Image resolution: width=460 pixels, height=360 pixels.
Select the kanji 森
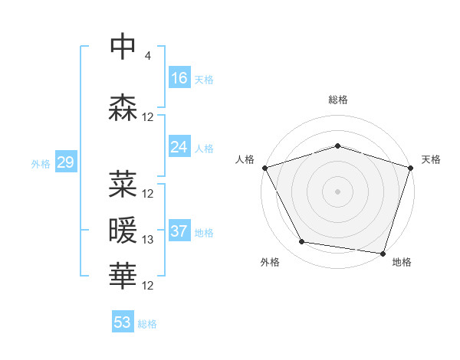(123, 108)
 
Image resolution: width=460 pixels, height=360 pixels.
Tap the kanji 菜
(123, 184)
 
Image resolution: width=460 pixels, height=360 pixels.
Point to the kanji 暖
(123, 230)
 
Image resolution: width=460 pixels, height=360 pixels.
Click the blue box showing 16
(179, 78)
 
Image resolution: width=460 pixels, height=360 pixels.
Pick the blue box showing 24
(179, 147)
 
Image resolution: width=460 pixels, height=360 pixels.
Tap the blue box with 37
(179, 231)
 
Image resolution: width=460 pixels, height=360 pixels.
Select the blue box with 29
(65, 162)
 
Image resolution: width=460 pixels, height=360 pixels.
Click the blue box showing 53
(123, 322)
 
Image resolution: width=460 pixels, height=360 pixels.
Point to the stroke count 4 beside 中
(147, 56)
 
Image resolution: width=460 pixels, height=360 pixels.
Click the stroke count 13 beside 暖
(148, 240)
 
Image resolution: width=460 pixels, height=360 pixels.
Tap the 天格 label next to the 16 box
(204, 79)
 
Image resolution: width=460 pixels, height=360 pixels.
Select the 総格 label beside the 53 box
(147, 324)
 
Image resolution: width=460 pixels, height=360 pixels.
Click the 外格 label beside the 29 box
(40, 163)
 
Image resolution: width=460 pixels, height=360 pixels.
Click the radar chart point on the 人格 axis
(264, 168)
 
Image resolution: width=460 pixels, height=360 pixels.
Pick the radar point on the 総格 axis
(337, 146)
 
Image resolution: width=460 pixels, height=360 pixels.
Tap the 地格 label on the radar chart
(402, 262)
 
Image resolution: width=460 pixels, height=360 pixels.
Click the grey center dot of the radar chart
(337, 191)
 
